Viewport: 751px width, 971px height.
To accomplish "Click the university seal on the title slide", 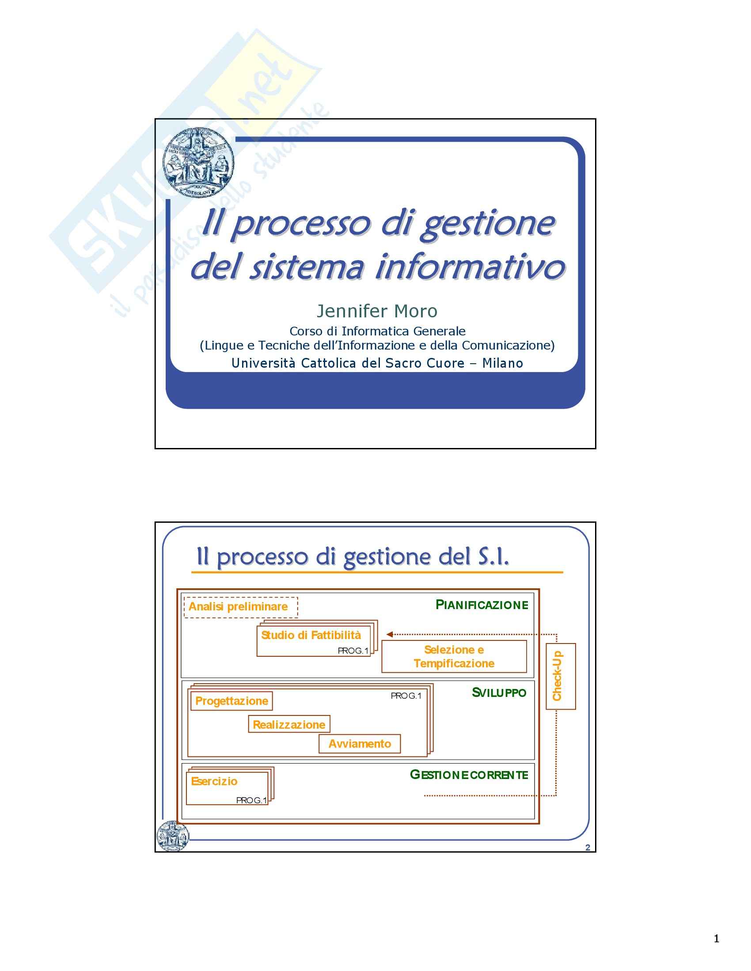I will (x=198, y=163).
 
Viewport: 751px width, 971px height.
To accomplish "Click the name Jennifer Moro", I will (x=377, y=311).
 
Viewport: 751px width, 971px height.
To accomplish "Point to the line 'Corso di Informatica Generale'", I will (x=377, y=331).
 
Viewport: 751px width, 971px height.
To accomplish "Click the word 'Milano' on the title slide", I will (x=502, y=363).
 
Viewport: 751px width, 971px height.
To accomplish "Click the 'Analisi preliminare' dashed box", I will (x=240, y=607).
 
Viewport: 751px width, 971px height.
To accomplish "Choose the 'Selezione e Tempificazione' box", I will (x=454, y=657).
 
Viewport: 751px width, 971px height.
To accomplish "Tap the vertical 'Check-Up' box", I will (x=560, y=676).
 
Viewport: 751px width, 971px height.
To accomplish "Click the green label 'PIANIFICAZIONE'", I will (x=482, y=605).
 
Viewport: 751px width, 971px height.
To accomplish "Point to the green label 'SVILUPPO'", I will (x=499, y=692).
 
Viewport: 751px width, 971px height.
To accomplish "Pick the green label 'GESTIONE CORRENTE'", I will (x=469, y=775).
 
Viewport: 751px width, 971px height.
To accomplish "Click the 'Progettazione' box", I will (x=231, y=701).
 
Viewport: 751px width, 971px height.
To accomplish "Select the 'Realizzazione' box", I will (x=289, y=725).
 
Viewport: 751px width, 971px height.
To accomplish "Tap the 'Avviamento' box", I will (x=360, y=744).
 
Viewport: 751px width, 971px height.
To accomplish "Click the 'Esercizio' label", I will (x=214, y=781).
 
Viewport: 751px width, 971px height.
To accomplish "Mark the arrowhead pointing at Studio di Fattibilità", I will (x=389, y=634).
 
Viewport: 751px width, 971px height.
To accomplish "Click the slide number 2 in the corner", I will (x=588, y=847).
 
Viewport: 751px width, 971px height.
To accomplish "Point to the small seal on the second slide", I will (x=173, y=836).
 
